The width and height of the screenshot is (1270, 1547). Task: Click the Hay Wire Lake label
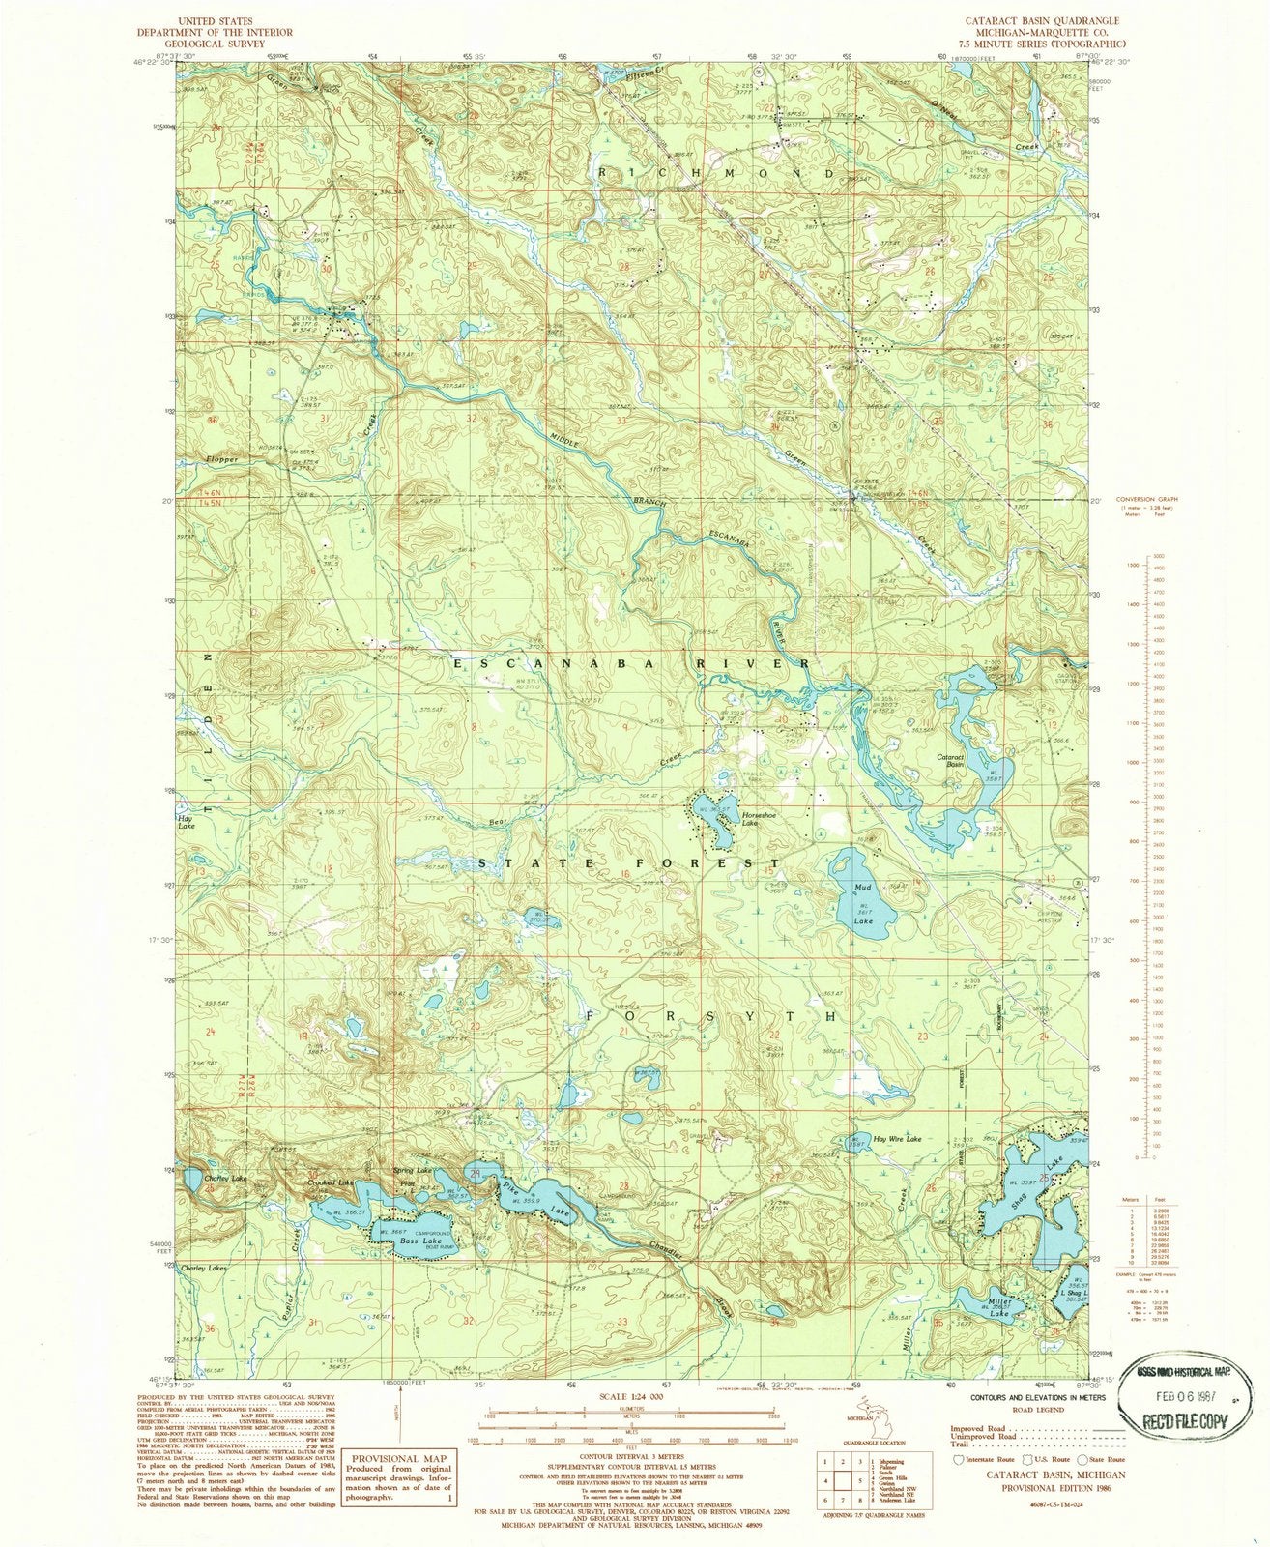click(x=899, y=1139)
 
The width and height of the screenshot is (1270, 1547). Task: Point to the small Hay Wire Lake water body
click(x=855, y=1138)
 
